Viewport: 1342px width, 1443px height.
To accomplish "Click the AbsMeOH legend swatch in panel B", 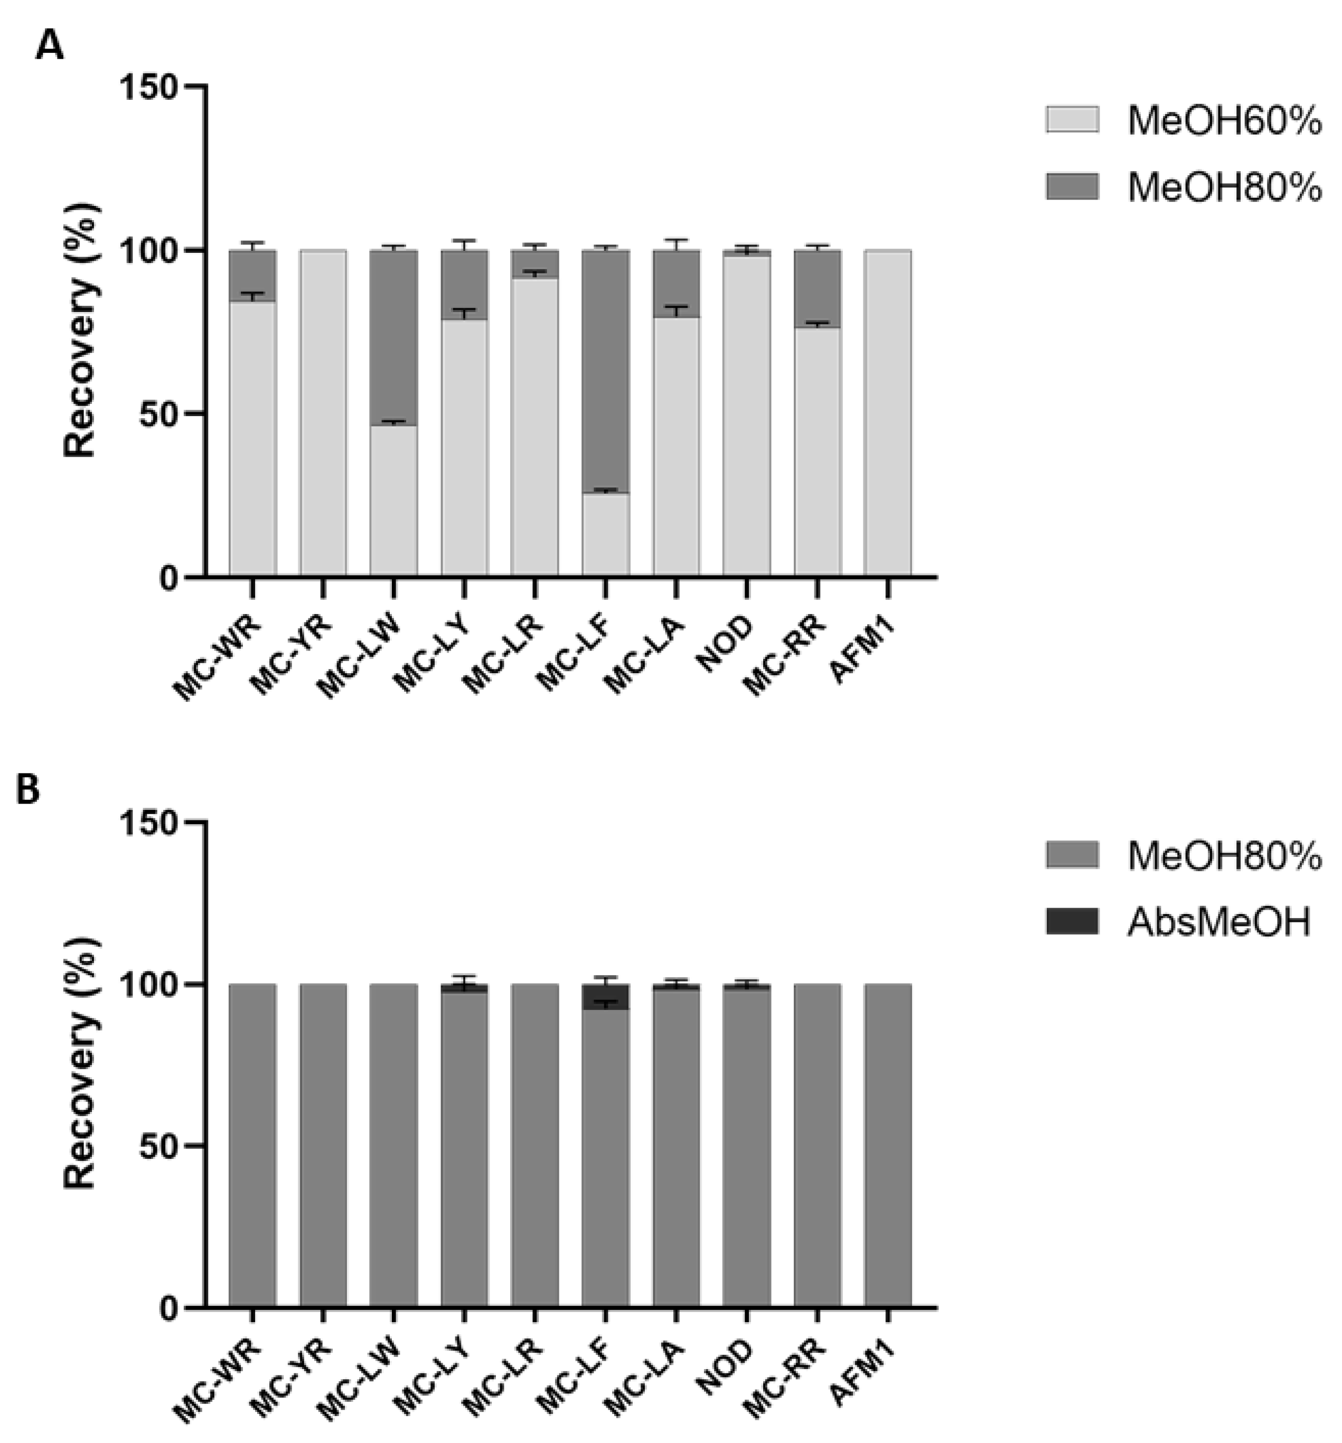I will (x=1072, y=922).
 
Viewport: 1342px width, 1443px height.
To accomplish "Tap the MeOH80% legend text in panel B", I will (x=1224, y=857).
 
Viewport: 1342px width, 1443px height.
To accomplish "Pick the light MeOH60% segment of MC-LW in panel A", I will (x=393, y=501).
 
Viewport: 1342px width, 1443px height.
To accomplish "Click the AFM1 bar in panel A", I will (x=887, y=414).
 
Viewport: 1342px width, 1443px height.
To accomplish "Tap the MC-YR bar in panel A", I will (x=322, y=414).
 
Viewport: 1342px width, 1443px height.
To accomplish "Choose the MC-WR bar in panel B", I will (x=252, y=1147).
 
